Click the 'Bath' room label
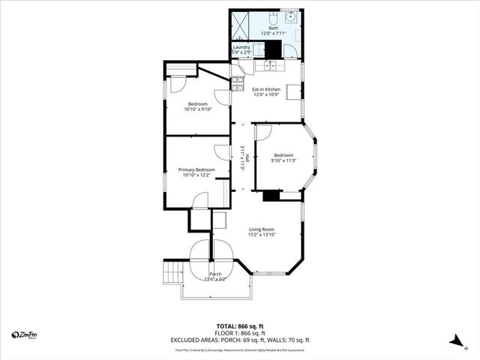tap(273, 28)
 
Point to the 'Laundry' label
tap(241, 47)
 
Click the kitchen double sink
tap(270, 66)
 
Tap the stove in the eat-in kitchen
tap(238, 79)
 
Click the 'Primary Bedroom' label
tap(196, 169)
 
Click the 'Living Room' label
tap(262, 229)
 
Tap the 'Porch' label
tap(215, 274)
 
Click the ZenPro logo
tap(25, 334)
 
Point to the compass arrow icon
tap(454, 340)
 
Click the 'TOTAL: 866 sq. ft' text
tap(241, 327)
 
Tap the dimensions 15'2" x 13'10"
tap(262, 235)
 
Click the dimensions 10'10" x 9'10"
tap(198, 109)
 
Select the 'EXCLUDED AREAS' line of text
tap(241, 340)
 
